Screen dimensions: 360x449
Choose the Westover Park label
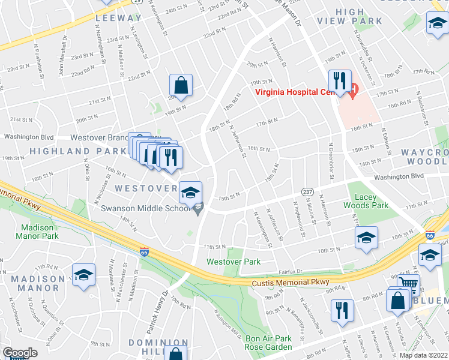pyautogui.click(x=234, y=262)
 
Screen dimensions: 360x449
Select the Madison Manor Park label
pyautogui.click(x=40, y=232)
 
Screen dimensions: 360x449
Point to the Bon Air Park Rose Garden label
pyautogui.click(x=268, y=343)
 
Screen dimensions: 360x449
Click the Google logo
pyautogui.click(x=20, y=353)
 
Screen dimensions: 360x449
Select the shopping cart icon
pyautogui.click(x=408, y=283)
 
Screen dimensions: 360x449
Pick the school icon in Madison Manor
pyautogui.click(x=84, y=275)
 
